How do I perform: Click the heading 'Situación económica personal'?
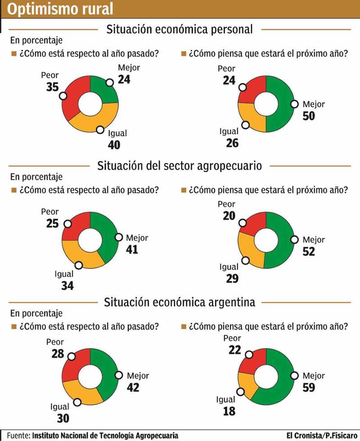point(180,30)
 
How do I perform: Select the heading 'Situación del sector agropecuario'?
point(180,165)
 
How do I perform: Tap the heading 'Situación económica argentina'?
point(180,302)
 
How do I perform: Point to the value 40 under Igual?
point(115,145)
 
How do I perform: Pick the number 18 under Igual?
point(229,411)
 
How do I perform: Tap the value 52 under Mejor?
point(309,251)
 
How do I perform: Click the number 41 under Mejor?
point(133,249)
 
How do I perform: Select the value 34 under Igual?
point(67,286)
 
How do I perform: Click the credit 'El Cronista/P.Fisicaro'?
point(322,435)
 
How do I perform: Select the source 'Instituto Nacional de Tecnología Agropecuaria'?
point(105,435)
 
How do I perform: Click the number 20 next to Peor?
point(229,216)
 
